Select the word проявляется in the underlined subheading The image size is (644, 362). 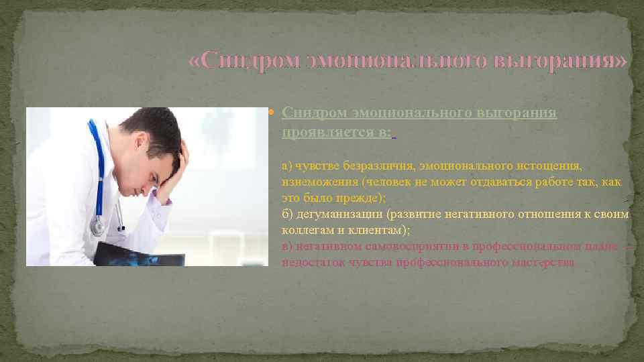tap(325, 133)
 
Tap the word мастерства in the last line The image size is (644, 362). tap(544, 263)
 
